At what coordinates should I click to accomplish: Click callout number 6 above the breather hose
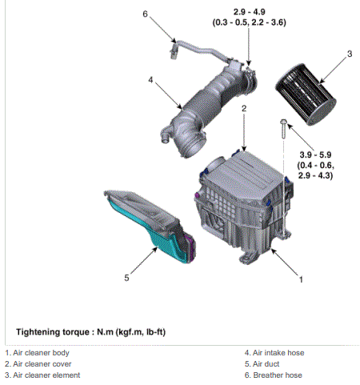(145, 14)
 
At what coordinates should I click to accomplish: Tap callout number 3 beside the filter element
(350, 54)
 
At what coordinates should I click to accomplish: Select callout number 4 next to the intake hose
(150, 80)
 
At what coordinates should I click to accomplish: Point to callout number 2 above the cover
(244, 108)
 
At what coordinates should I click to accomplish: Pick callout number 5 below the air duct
(126, 278)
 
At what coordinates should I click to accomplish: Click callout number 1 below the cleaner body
(301, 279)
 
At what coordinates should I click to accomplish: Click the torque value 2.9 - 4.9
(250, 12)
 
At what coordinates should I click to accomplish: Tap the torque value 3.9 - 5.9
(315, 154)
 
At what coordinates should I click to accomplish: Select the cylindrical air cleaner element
(306, 94)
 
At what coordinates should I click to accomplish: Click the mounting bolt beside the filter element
(283, 129)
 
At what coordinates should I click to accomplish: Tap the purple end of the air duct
(191, 248)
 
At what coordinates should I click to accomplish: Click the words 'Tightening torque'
(53, 332)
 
